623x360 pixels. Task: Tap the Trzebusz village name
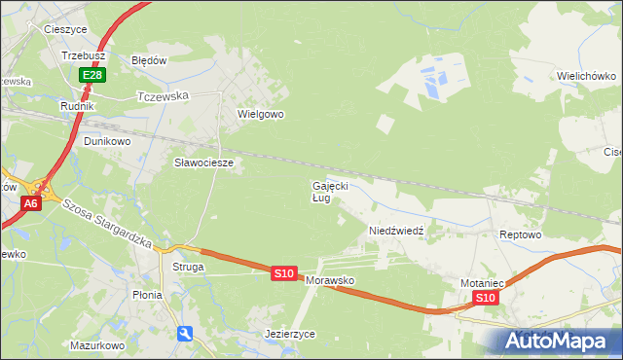[83, 56]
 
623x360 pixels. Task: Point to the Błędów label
[150, 59]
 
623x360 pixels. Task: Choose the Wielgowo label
[261, 114]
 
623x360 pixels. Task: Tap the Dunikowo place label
[107, 141]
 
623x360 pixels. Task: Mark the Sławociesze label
[203, 162]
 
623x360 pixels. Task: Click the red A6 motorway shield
[31, 203]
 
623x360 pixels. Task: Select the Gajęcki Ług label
[329, 191]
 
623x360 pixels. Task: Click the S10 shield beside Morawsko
[283, 274]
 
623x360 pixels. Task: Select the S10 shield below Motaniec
[487, 298]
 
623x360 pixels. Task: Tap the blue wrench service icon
[185, 334]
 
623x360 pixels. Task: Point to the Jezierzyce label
[290, 334]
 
